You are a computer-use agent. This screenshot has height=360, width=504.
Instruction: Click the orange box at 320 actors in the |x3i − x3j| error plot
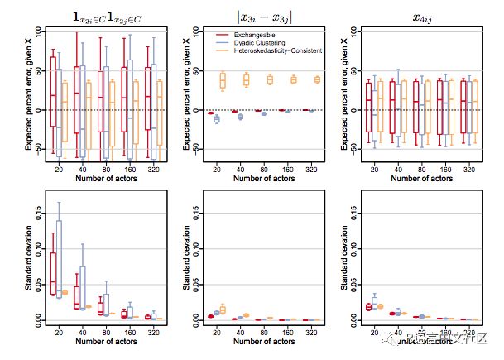point(317,79)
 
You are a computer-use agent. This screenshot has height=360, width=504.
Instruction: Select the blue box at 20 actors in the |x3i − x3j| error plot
point(217,119)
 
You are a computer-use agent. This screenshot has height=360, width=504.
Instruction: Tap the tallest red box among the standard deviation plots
point(53,273)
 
